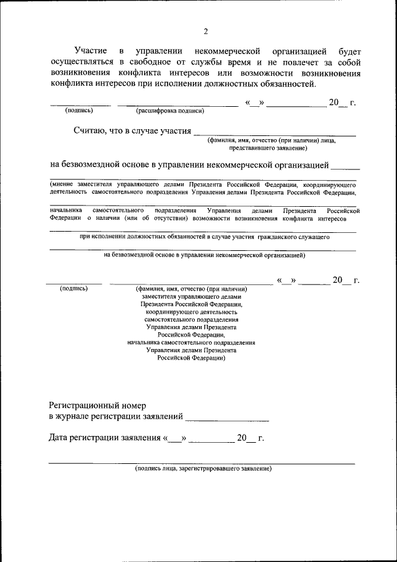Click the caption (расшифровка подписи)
point(169,111)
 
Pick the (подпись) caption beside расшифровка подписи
point(79,111)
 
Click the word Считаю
point(93,131)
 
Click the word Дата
point(60,438)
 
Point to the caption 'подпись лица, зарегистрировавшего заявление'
point(203,468)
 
